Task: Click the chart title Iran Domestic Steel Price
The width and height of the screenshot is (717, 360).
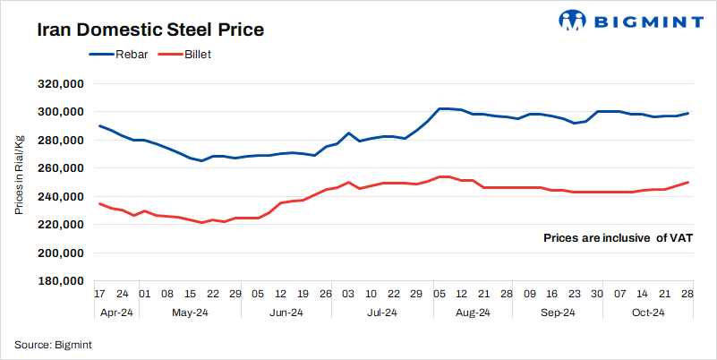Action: [150, 30]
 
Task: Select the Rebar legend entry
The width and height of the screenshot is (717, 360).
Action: [115, 55]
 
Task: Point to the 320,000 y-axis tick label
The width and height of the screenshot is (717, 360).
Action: [59, 84]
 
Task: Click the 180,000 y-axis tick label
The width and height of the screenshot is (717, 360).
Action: [59, 281]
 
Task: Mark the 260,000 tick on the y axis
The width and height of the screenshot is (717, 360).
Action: [59, 168]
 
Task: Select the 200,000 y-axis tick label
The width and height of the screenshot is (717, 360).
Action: [59, 253]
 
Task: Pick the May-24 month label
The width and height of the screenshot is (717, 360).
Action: [189, 313]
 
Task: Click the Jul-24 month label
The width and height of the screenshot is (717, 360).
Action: [382, 313]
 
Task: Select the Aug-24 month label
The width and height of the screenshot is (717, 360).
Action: [473, 313]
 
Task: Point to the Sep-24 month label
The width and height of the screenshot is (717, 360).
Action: [559, 313]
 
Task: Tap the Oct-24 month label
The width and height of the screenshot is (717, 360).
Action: [647, 313]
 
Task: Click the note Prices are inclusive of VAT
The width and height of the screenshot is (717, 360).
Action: [617, 238]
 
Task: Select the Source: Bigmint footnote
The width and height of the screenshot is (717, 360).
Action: [54, 345]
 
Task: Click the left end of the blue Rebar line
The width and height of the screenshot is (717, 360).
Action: [99, 125]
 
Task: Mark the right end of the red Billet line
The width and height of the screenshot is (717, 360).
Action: [687, 182]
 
